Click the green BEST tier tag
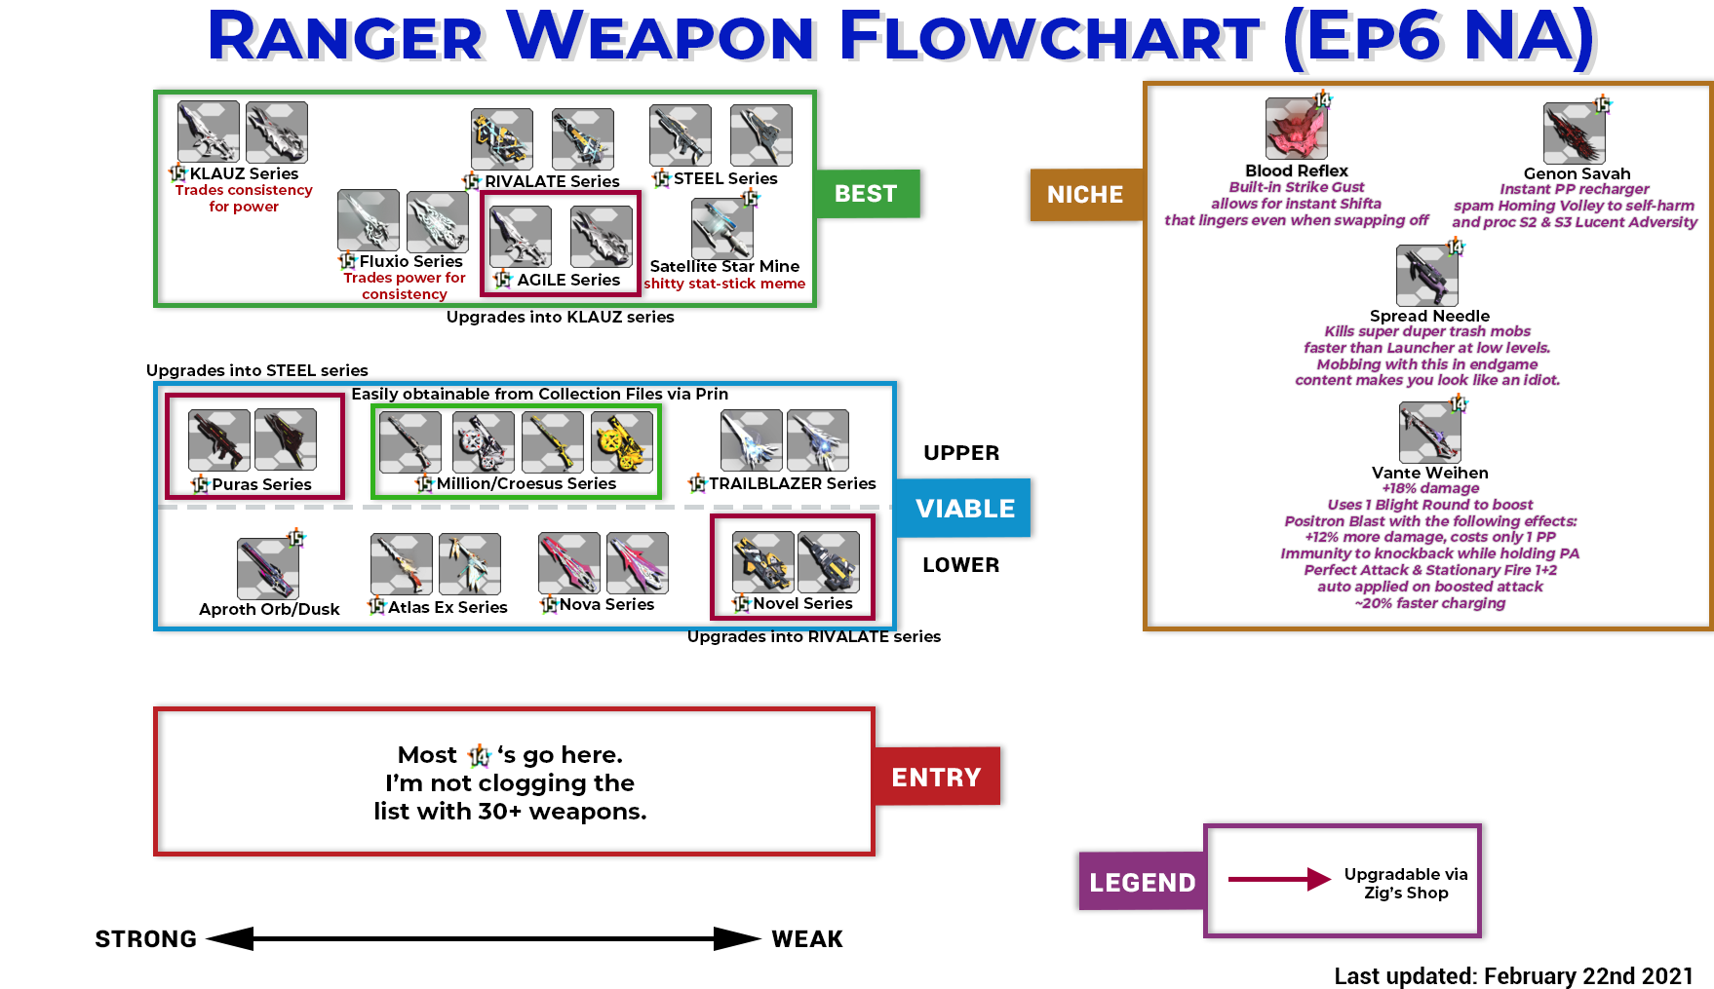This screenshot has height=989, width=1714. coord(866,194)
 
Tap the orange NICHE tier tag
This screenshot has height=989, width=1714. coord(1085,195)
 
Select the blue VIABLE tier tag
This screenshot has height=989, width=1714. coord(964,509)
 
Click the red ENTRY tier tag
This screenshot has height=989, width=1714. coord(936,777)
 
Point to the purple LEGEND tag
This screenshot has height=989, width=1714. coord(1142,882)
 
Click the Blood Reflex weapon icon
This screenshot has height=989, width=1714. coord(1296,129)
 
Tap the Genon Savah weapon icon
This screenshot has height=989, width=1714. coord(1574,133)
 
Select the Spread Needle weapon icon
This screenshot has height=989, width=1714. coord(1426,276)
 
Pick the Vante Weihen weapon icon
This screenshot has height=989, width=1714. coord(1429,432)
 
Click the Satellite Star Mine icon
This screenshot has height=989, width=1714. coord(721,229)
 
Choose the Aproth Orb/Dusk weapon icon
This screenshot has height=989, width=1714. coord(267,568)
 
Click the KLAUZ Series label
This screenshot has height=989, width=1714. coord(244,173)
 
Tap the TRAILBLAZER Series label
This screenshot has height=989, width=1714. coord(792,483)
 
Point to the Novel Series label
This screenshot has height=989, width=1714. coord(802,603)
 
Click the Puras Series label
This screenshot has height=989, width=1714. coord(261,484)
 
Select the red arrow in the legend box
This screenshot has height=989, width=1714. coord(1278,879)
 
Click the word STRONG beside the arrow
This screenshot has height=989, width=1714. coord(146,939)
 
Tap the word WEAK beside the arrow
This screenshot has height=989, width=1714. coord(807,939)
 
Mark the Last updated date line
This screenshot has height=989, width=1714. coord(1513,976)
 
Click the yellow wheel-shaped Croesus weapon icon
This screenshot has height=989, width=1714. coord(622,442)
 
